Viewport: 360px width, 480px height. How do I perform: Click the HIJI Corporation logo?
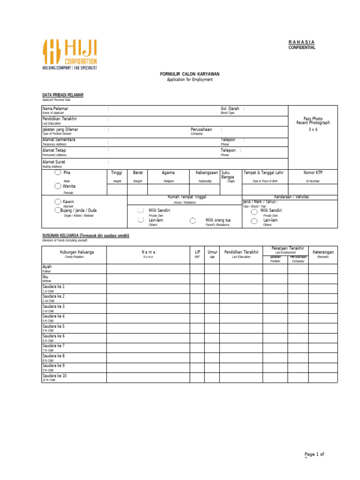pyautogui.click(x=70, y=54)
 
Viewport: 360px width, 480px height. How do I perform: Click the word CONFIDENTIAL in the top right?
pyautogui.click(x=302, y=48)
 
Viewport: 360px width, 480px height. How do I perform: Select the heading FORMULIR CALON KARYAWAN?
pyautogui.click(x=190, y=74)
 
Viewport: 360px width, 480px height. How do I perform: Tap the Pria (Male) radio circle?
pyautogui.click(x=57, y=172)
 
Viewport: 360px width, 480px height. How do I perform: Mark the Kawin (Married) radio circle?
pyautogui.click(x=57, y=202)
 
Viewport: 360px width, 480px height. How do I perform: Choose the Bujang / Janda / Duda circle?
pyautogui.click(x=57, y=210)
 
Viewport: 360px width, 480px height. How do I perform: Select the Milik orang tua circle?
pyautogui.click(x=193, y=220)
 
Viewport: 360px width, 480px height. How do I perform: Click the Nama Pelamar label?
pyautogui.click(x=55, y=109)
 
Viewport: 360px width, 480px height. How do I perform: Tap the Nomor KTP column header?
pyautogui.click(x=313, y=172)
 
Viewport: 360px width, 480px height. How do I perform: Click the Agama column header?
pyautogui.click(x=168, y=172)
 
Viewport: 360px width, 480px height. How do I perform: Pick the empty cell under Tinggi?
pyautogui.click(x=117, y=189)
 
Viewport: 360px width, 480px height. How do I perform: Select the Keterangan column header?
pyautogui.click(x=323, y=252)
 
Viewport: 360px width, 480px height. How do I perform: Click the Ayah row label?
pyautogui.click(x=47, y=267)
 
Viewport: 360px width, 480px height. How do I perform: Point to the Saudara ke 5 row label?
pyautogui.click(x=53, y=326)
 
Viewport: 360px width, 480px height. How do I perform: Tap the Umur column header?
pyautogui.click(x=212, y=252)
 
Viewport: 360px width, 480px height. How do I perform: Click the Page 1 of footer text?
pyautogui.click(x=314, y=454)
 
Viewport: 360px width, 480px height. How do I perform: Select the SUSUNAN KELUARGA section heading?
pyautogui.click(x=86, y=235)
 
